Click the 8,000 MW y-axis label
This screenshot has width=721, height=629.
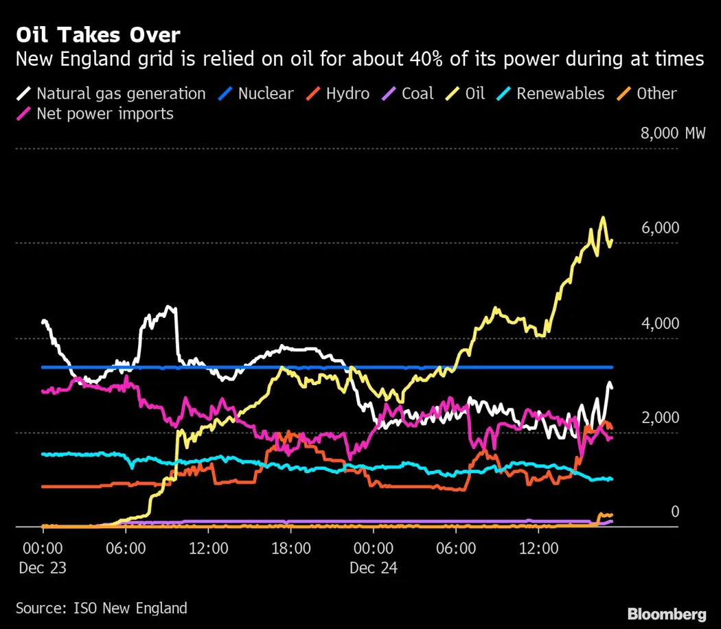click(672, 133)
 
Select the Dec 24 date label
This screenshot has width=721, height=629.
click(373, 568)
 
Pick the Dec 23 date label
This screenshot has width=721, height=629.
click(43, 568)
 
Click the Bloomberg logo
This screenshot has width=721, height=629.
click(667, 613)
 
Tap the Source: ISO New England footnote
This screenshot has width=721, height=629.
click(101, 608)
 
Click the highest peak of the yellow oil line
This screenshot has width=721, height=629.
click(603, 218)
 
